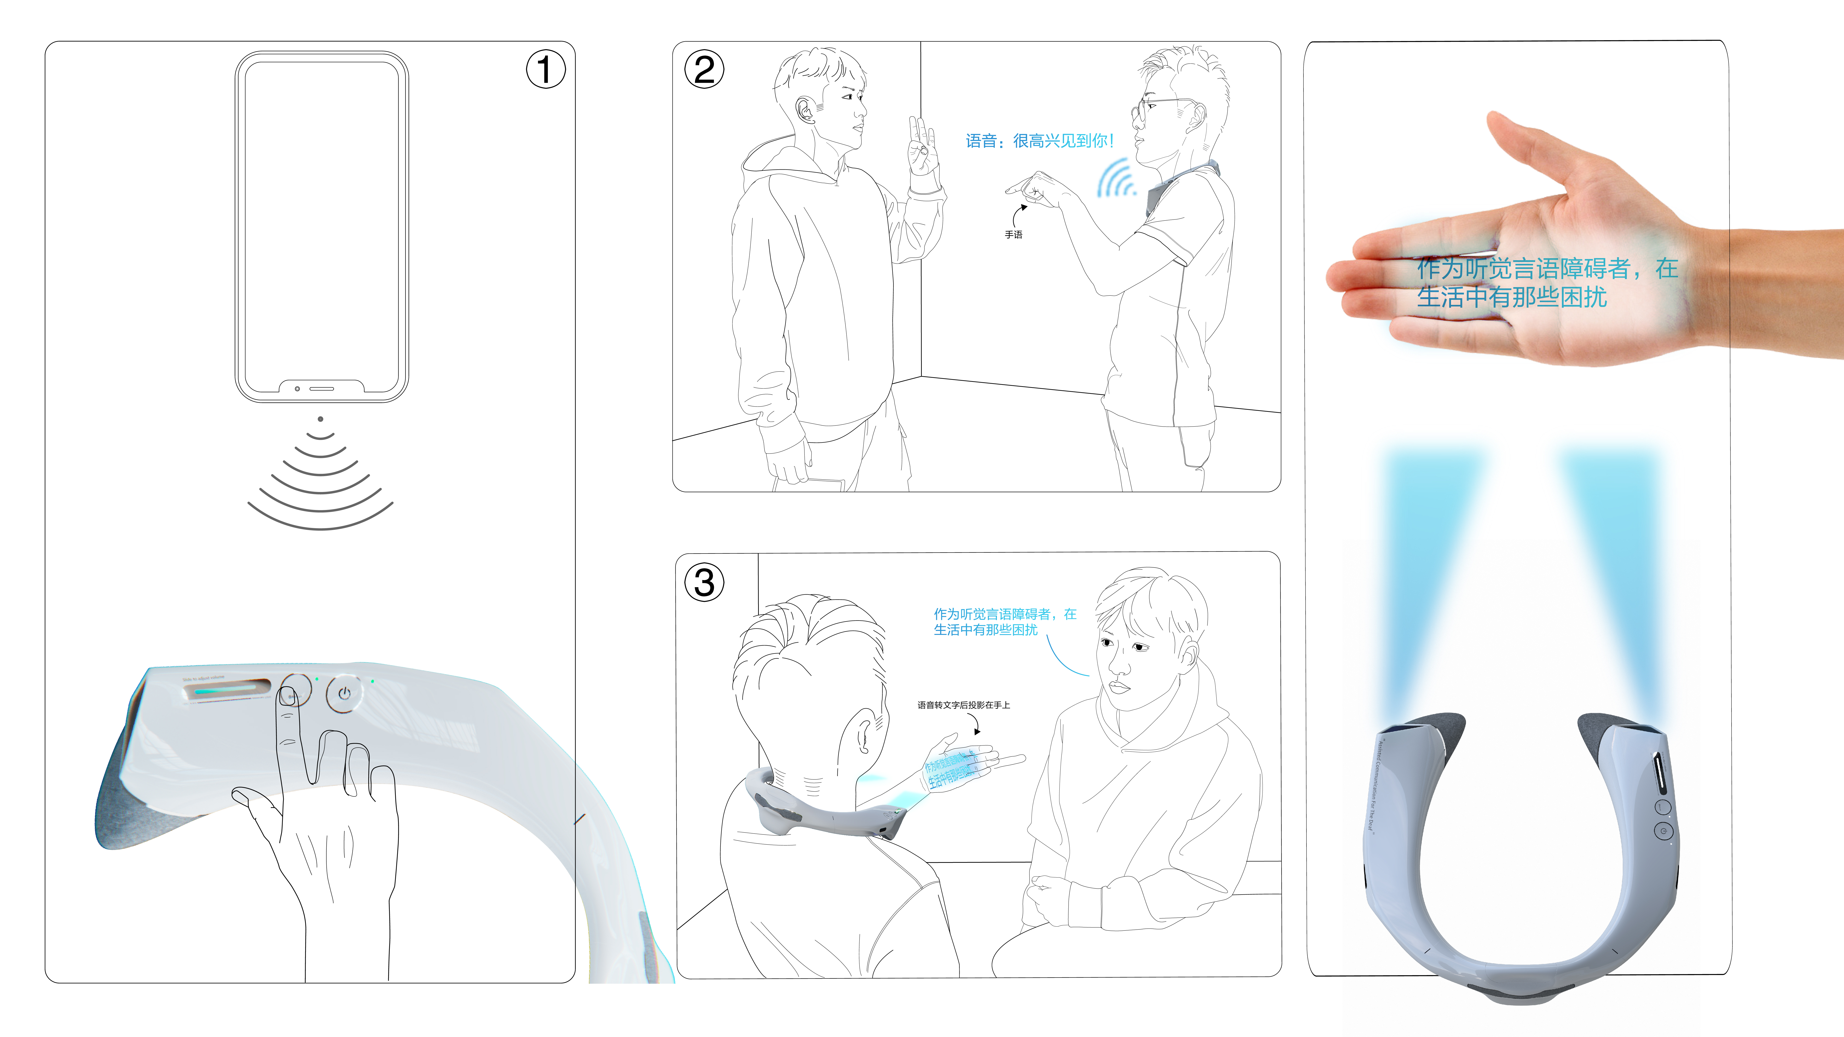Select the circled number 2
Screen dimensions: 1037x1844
click(x=704, y=69)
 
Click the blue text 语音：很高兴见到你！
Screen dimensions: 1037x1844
click(x=1039, y=141)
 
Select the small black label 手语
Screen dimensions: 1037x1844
click(x=1013, y=235)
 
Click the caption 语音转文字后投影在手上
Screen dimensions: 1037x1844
click(x=963, y=705)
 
